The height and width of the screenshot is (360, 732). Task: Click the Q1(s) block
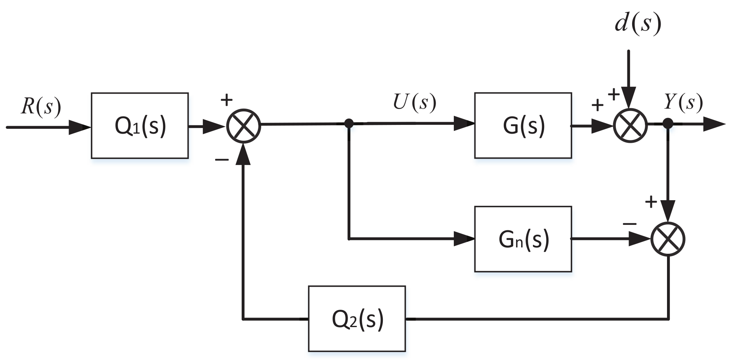[x=140, y=126]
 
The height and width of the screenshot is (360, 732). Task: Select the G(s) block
[x=523, y=126]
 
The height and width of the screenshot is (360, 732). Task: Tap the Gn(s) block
[x=523, y=239]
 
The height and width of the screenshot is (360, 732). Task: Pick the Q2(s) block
[x=357, y=319]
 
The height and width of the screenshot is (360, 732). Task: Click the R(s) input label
[x=41, y=106]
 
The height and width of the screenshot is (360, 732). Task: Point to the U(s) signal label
[x=414, y=102]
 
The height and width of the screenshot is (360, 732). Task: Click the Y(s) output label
[x=683, y=102]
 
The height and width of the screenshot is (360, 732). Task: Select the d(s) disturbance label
[x=638, y=23]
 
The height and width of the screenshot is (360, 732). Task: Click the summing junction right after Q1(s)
[x=243, y=125]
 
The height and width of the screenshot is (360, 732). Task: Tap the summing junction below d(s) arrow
[x=630, y=125]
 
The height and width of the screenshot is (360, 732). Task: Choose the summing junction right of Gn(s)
[x=668, y=239]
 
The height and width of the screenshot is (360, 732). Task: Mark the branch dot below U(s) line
[x=349, y=124]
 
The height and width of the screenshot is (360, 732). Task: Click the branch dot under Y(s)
[x=668, y=124]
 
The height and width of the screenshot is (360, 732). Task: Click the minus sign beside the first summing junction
[x=222, y=160]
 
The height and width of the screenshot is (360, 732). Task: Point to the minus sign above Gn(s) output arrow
[x=629, y=224]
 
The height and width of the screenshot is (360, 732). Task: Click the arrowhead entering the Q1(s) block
[x=80, y=128]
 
